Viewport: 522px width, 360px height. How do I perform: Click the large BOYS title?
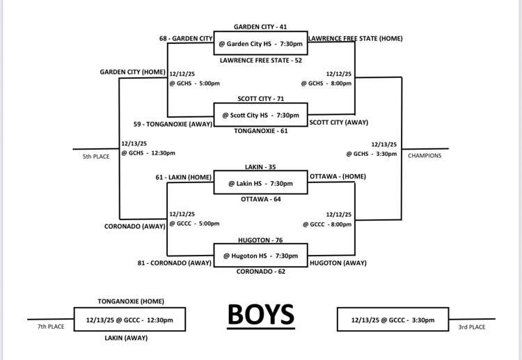coord(260,315)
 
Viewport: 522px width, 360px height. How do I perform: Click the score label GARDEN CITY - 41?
coord(260,26)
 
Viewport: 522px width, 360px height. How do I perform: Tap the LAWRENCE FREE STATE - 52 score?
coord(260,61)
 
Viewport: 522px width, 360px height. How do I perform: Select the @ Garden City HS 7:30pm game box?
coord(260,43)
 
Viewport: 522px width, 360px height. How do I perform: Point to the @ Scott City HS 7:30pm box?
coord(260,115)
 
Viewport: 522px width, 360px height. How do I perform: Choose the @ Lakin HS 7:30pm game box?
coord(260,183)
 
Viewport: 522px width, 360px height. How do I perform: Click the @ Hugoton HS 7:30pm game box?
coord(260,256)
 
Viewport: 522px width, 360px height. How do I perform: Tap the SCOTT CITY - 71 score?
coord(260,99)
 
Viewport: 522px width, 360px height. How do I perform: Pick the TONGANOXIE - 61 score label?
coord(260,131)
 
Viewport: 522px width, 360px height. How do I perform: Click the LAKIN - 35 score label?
coord(260,168)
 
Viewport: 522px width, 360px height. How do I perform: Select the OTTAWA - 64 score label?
coord(260,199)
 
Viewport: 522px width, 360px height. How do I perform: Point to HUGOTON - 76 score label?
coord(260,240)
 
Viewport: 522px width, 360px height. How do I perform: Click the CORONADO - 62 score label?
coord(260,272)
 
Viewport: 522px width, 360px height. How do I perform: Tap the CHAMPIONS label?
coord(425,156)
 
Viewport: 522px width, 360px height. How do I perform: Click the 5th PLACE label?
coord(96,157)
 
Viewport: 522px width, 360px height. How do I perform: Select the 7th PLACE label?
coord(50,326)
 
